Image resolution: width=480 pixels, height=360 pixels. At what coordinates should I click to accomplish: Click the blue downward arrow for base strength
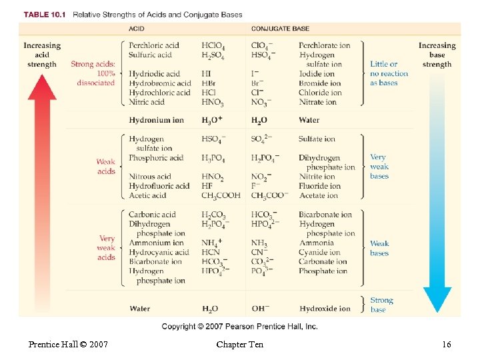click(x=437, y=193)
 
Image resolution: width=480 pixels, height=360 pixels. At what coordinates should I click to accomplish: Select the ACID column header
click(x=137, y=29)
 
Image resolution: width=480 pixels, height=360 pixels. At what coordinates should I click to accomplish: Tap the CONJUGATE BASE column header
click(x=280, y=29)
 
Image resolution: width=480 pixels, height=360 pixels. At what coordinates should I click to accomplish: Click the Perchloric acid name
click(x=154, y=45)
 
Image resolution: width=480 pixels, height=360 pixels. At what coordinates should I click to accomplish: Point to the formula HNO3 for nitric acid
click(x=213, y=103)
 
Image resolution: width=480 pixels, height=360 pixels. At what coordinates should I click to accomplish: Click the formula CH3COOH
click(x=221, y=196)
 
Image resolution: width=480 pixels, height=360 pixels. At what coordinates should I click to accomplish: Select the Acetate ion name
click(x=319, y=196)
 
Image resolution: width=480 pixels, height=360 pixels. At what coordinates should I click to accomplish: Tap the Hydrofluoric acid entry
click(x=160, y=187)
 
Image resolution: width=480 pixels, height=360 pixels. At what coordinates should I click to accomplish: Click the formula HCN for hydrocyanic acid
click(x=211, y=253)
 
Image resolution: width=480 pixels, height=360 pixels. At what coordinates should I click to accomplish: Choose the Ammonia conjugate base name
click(x=316, y=243)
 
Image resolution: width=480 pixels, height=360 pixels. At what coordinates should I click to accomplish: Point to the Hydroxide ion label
click(x=325, y=309)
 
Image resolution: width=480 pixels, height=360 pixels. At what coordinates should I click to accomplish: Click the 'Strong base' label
click(x=382, y=305)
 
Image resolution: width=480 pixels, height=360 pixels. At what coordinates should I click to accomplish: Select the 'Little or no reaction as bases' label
click(x=389, y=74)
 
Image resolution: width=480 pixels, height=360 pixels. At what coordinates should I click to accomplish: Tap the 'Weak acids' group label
click(x=106, y=167)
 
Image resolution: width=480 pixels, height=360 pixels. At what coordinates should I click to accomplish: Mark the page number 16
click(x=446, y=345)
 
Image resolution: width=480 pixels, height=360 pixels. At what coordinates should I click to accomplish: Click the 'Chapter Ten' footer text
click(x=239, y=345)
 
